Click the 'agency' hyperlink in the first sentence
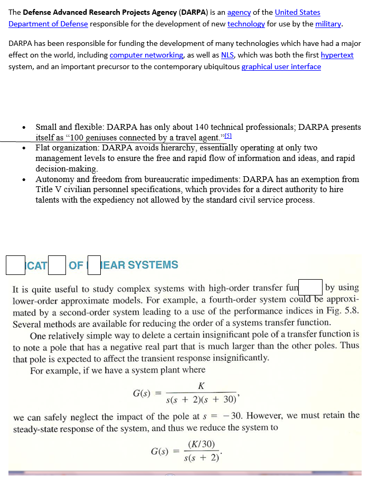[x=239, y=12]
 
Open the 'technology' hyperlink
[x=246, y=24]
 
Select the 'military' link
[x=328, y=24]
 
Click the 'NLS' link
[x=228, y=55]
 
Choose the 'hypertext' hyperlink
[x=337, y=55]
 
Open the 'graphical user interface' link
[x=281, y=66]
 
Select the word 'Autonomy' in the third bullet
[x=54, y=179]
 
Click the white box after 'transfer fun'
[x=311, y=288]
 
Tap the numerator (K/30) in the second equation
[x=201, y=445]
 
